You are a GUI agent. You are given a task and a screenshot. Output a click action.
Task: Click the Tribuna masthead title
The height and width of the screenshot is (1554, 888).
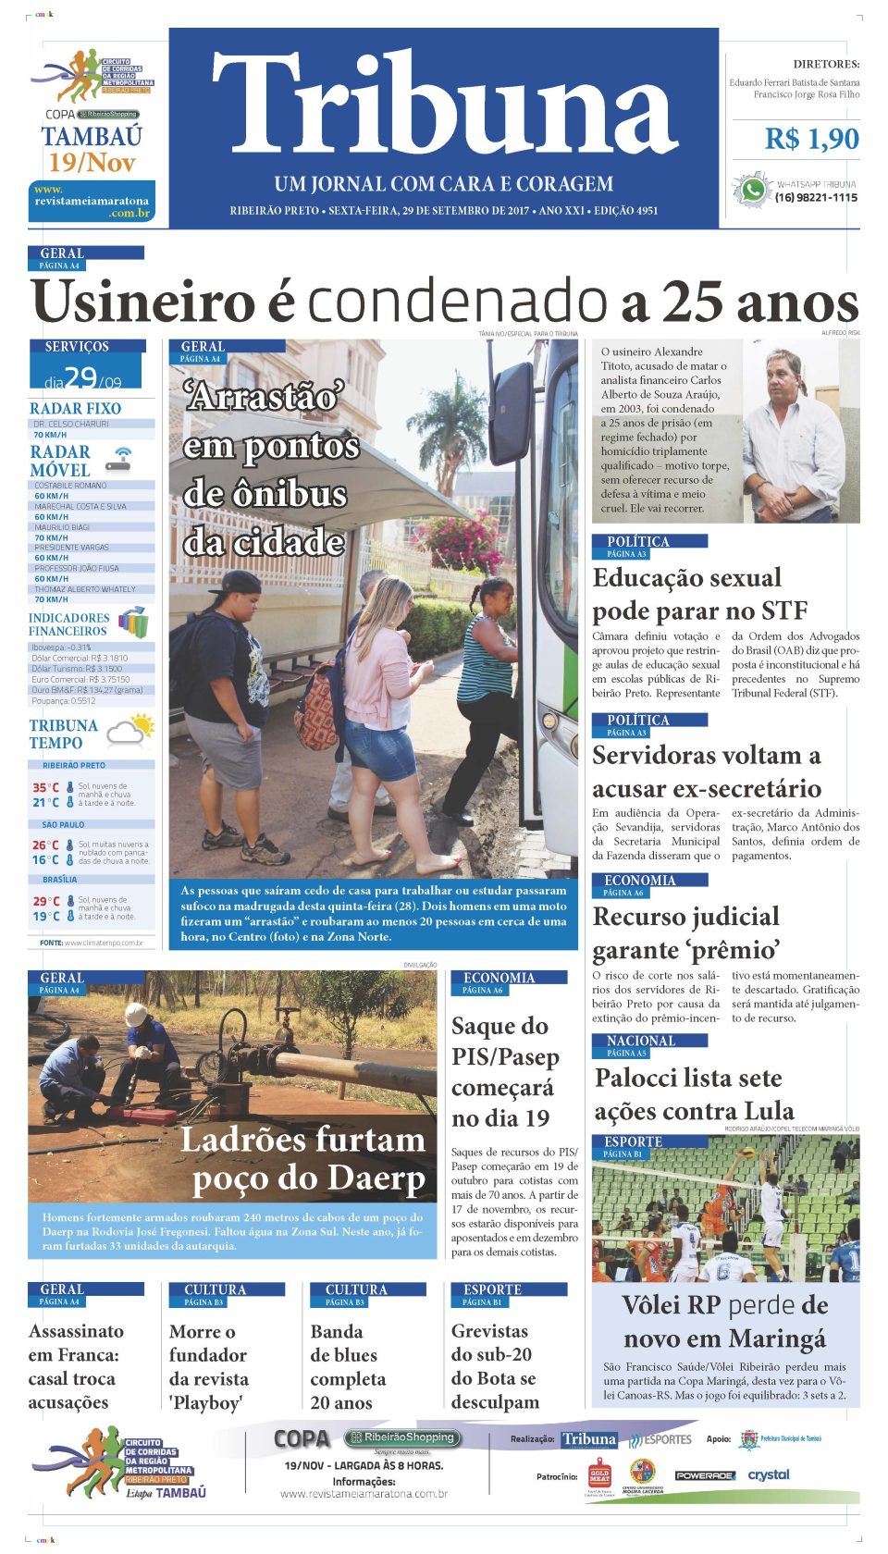point(445,104)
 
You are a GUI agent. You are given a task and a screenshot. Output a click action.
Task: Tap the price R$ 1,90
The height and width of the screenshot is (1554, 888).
point(811,139)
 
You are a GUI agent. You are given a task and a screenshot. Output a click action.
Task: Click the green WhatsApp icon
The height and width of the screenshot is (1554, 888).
point(753,190)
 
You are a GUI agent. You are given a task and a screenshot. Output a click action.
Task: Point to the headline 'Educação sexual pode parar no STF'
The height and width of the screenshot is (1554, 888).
point(700,594)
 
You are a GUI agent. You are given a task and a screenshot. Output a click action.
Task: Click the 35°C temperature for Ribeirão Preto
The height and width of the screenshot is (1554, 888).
point(46,788)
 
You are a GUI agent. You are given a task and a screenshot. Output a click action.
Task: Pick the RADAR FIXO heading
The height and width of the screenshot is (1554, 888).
point(75,408)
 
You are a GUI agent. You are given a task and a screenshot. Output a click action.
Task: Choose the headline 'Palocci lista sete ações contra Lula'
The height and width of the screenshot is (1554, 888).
point(694,1094)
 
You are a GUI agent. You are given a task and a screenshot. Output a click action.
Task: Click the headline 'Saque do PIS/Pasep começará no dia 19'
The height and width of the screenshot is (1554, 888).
point(504,1071)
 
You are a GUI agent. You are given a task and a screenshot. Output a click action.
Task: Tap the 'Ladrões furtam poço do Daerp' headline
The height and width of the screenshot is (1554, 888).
point(303,1158)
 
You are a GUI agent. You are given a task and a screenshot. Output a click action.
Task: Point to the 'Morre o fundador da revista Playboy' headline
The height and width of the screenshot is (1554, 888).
point(208,1366)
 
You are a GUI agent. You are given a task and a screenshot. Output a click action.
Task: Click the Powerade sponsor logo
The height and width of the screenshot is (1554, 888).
point(704,1475)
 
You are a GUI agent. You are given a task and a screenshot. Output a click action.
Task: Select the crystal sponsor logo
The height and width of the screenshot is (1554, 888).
point(769,1474)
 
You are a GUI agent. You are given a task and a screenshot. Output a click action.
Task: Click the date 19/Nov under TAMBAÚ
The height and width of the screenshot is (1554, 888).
point(92,164)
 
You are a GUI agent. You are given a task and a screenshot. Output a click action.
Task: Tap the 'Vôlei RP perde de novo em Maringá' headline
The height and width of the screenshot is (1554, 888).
point(725,1322)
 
